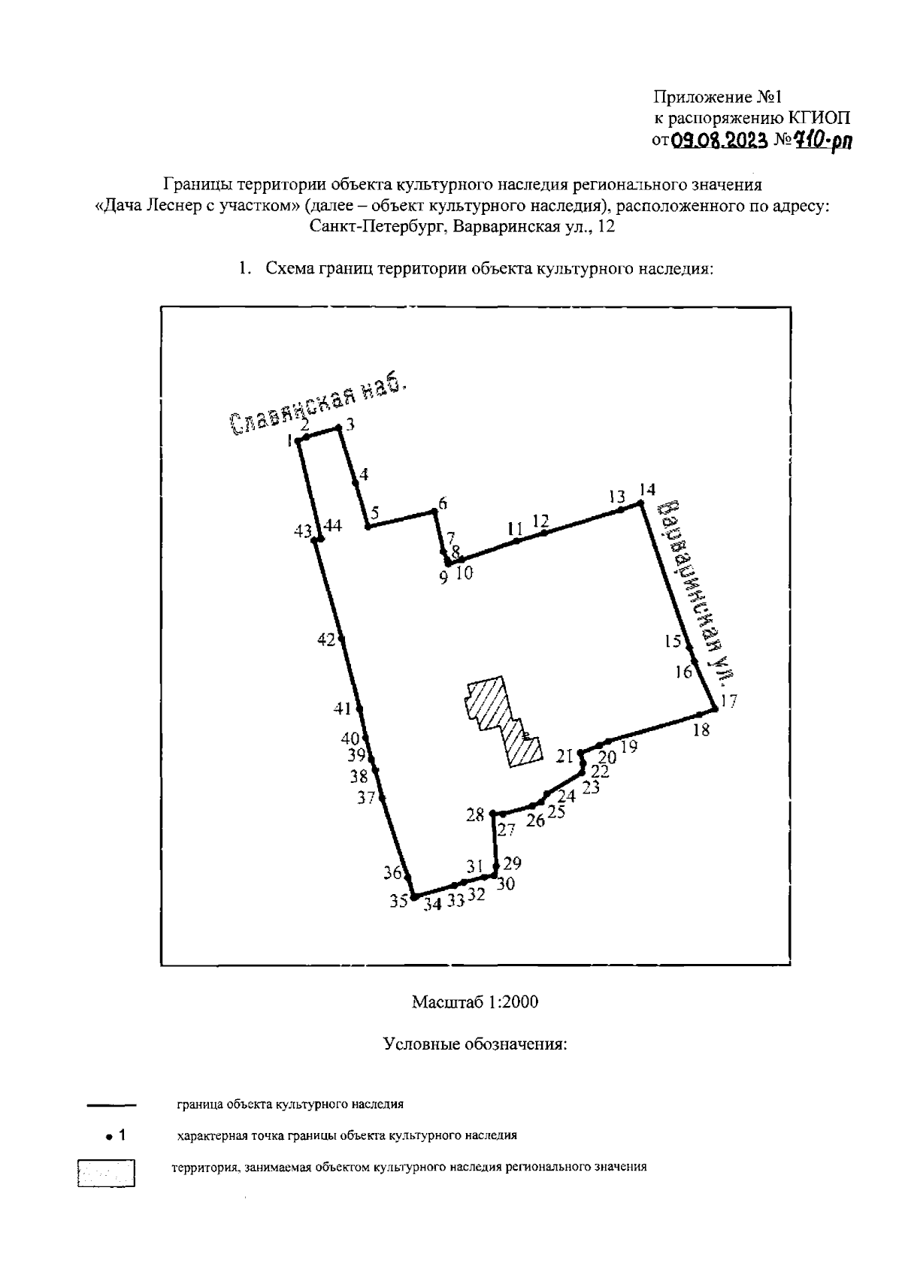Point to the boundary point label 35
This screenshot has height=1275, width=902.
click(398, 901)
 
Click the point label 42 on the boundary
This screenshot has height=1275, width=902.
click(326, 640)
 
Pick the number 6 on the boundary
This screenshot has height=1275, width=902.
click(443, 503)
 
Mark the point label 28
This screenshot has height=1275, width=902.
click(475, 815)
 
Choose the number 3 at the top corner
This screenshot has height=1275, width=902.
click(350, 424)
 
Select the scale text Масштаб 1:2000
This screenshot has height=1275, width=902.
click(475, 1002)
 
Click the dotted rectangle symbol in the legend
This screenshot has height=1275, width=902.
click(107, 1174)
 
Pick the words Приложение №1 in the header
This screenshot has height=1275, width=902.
click(718, 97)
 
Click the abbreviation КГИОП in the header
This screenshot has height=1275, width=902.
click(819, 119)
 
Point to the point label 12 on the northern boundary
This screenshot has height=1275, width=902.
click(541, 521)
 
